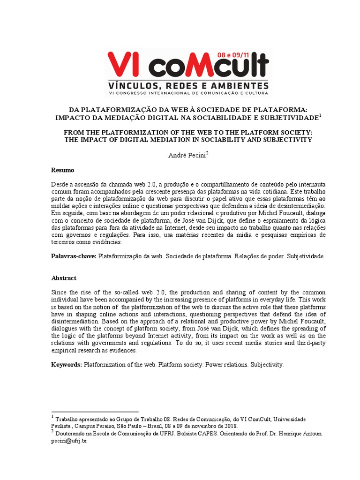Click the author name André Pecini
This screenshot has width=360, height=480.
click(187, 155)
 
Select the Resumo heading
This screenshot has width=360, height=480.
click(62, 170)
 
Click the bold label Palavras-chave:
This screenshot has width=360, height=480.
click(74, 257)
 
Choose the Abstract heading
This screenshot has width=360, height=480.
click(64, 278)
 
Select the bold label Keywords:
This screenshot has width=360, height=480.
click(67, 364)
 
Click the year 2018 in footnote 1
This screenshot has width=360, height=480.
click(230, 426)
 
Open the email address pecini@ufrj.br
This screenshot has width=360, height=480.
click(69, 441)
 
